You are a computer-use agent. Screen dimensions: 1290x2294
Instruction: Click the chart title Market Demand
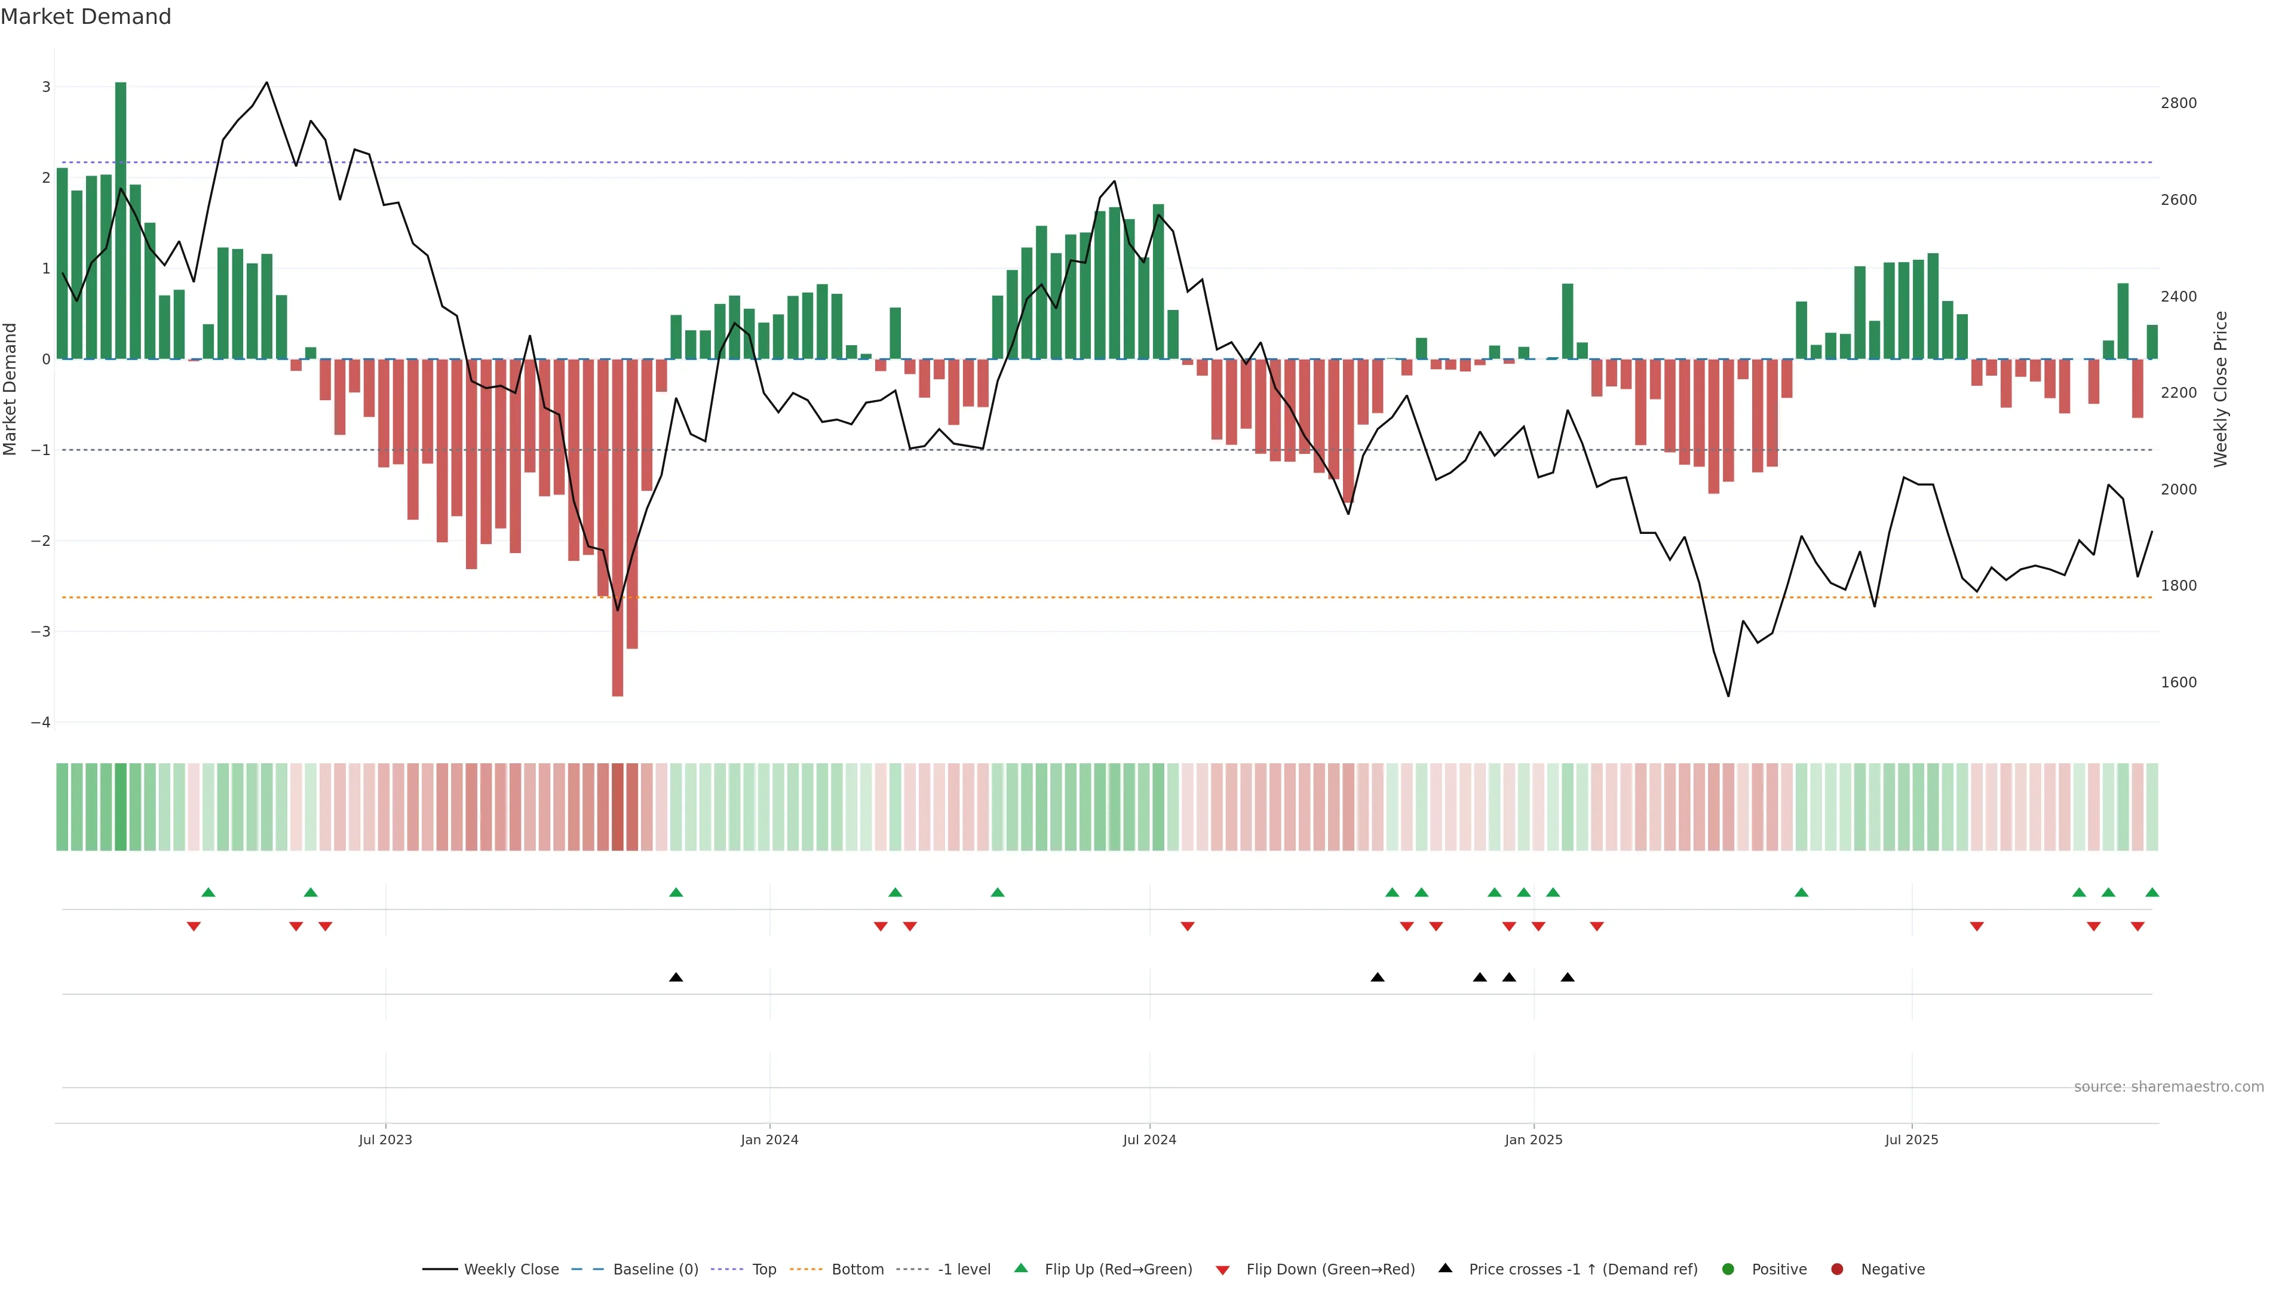tap(85, 17)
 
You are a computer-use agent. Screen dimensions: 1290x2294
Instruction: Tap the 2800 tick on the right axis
tap(2178, 103)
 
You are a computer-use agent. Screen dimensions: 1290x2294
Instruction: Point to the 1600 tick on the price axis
tap(2178, 683)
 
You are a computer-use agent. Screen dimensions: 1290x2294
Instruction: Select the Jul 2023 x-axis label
tap(385, 1139)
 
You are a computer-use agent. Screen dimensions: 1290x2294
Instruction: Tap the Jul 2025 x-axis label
tap(1911, 1139)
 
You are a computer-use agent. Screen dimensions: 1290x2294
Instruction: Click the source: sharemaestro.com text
tap(2169, 1087)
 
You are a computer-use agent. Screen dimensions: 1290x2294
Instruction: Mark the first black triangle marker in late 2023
tap(676, 978)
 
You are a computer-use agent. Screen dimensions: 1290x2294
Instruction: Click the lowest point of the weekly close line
tap(1728, 695)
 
